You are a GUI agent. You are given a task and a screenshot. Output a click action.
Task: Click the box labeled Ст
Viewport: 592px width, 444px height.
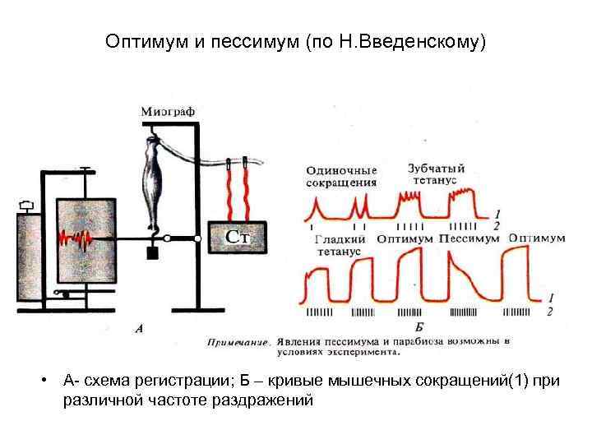238,238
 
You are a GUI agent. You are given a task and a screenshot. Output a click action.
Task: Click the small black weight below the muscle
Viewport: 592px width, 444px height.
152,253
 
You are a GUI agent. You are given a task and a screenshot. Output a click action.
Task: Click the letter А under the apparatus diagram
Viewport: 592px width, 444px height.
139,328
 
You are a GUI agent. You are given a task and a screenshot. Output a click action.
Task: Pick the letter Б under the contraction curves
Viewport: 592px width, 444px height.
420,328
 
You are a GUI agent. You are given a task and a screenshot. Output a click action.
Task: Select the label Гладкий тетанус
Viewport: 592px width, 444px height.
339,244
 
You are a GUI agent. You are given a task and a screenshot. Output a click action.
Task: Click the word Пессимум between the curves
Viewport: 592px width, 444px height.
469,238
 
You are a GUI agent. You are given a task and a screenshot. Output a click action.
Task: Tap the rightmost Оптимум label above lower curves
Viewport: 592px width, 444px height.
537,238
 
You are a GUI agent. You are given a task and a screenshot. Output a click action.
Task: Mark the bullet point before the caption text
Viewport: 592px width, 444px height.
49,381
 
